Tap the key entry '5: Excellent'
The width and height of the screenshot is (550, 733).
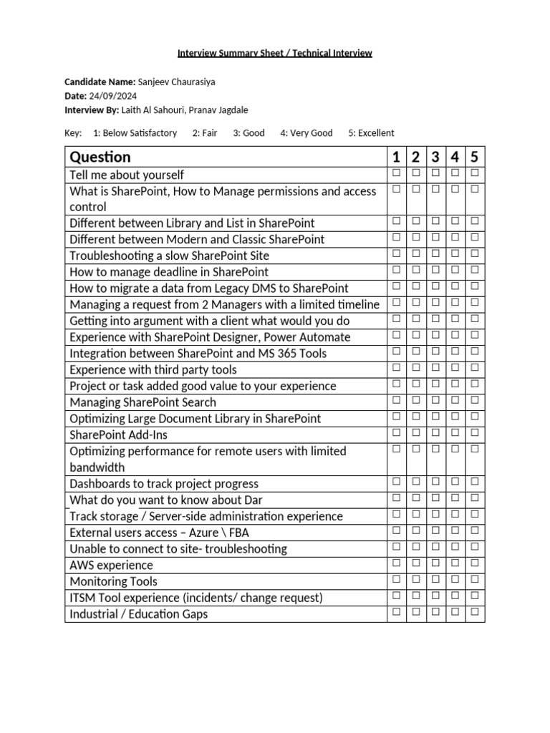tap(371, 132)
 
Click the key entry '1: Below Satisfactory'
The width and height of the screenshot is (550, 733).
tap(135, 132)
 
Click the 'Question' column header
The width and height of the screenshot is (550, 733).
tap(100, 157)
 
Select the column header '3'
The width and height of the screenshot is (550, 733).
tap(435, 157)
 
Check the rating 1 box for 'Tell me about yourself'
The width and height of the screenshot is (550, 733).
tap(395, 174)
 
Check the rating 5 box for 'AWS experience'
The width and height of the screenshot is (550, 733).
tap(474, 564)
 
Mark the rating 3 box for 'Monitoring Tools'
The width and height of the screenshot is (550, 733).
tap(435, 581)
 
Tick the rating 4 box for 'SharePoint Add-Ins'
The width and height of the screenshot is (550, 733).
tap(455, 434)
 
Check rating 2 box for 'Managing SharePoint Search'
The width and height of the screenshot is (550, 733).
tap(415, 402)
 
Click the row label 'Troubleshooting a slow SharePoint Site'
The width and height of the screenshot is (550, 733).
tap(169, 256)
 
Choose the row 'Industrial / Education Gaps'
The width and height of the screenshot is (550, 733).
tap(139, 613)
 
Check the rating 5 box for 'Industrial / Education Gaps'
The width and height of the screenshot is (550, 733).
tap(474, 613)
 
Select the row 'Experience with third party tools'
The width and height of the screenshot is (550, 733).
tap(153, 369)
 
